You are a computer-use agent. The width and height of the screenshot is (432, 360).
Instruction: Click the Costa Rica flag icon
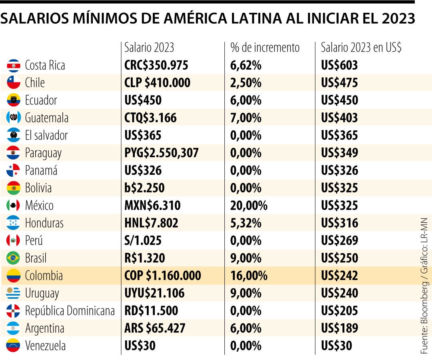13,65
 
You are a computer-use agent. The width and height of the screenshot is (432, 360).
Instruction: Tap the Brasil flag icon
13,258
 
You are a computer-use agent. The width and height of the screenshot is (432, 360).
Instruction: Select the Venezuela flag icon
13,346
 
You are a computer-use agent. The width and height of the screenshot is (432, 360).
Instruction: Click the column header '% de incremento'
265,48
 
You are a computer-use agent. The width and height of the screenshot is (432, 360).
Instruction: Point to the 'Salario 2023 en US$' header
361,48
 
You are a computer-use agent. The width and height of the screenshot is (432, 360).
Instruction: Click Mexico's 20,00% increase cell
248,206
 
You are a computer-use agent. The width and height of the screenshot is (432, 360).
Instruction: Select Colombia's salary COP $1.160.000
163,276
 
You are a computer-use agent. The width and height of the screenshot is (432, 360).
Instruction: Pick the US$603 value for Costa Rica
339,65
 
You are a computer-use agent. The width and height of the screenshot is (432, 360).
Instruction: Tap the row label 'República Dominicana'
70,311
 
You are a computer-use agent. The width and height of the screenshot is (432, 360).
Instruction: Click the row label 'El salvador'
46,135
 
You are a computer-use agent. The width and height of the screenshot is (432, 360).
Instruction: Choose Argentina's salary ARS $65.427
155,328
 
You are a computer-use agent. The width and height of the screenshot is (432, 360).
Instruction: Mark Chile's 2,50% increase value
246,83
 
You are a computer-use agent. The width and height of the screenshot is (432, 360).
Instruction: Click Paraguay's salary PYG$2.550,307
162,153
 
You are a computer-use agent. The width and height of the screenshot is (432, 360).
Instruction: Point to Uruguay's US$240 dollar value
339,293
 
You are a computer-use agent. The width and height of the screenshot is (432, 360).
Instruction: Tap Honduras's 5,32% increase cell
246,223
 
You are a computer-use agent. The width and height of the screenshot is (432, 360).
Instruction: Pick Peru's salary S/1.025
143,240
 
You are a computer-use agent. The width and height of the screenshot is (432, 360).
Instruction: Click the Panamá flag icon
13,170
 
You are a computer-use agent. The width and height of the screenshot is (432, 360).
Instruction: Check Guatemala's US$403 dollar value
339,118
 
